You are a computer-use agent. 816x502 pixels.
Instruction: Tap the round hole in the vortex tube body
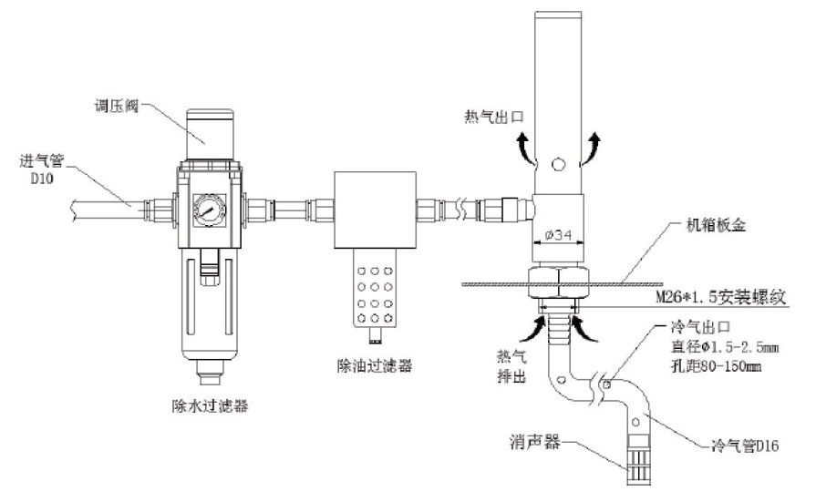coord(558,165)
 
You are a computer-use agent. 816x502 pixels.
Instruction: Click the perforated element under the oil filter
coord(375,291)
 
